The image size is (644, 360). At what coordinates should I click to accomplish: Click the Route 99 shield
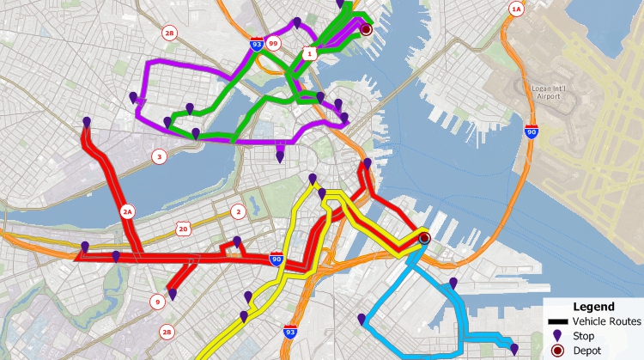click(273, 42)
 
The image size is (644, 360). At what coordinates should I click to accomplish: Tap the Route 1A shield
click(516, 9)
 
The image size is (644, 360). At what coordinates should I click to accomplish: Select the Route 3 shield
click(158, 157)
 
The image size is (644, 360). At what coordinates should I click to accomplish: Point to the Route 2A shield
click(128, 211)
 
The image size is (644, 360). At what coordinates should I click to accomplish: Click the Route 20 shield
click(182, 228)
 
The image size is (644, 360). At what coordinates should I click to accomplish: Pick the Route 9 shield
click(157, 302)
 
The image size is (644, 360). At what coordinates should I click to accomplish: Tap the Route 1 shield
click(309, 53)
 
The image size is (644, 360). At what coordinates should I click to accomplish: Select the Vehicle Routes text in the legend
click(606, 321)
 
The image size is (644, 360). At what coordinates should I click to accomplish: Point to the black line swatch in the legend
click(556, 321)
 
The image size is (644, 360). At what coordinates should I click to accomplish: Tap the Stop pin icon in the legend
click(556, 335)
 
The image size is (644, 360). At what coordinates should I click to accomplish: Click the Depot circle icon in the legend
click(556, 350)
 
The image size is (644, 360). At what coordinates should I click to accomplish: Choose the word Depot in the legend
click(586, 350)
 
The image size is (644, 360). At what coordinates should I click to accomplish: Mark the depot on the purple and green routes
click(366, 29)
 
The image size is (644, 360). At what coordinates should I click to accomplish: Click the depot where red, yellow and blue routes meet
click(423, 239)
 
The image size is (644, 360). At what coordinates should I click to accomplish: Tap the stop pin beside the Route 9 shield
click(173, 295)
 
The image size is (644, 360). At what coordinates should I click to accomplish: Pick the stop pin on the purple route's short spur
click(280, 156)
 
